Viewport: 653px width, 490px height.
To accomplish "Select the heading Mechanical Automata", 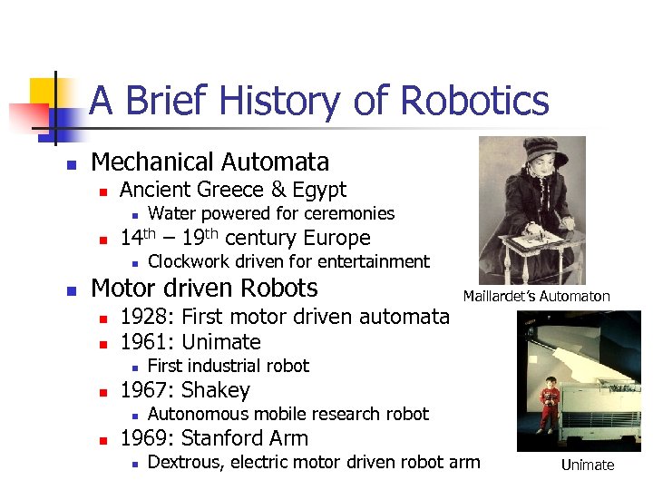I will click(x=210, y=162).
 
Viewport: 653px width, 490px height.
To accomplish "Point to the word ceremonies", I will click(x=348, y=214).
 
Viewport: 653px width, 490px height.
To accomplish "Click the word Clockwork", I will click(x=189, y=262).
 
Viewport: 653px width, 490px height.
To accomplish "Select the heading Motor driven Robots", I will click(x=205, y=289).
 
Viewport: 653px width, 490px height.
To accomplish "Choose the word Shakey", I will click(x=216, y=390).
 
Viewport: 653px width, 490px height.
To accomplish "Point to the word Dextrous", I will click(x=185, y=463).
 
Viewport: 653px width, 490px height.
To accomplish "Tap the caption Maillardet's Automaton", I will click(x=536, y=296).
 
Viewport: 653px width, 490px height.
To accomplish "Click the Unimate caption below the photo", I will click(x=587, y=465).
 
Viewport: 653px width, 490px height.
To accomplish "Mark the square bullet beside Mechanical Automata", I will click(x=72, y=164).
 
